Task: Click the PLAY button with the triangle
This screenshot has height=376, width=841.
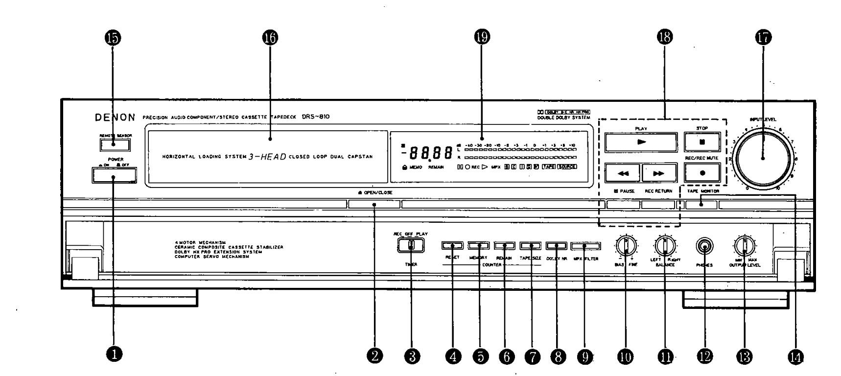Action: click(x=641, y=142)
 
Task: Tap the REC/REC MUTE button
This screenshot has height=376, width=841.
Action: click(x=702, y=172)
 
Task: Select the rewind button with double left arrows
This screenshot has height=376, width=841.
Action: click(x=623, y=173)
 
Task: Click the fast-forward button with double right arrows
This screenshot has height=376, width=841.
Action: click(x=659, y=173)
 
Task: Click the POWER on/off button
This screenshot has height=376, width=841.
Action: click(x=114, y=175)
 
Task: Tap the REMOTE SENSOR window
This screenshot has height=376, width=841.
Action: click(x=115, y=144)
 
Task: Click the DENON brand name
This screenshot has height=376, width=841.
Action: click(x=115, y=117)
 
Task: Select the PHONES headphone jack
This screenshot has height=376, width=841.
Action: click(x=704, y=246)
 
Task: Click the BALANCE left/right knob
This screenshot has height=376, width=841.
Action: click(x=664, y=245)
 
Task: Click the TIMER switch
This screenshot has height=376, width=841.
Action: click(x=411, y=245)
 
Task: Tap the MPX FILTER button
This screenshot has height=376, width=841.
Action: click(x=584, y=245)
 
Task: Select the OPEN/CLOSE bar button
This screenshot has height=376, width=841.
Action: click(x=374, y=204)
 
